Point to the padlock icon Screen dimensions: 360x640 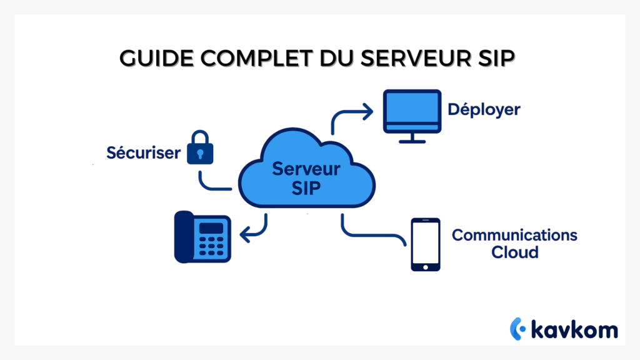pos(200,148)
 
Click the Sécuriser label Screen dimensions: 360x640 pos(143,152)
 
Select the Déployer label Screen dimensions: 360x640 pos(484,110)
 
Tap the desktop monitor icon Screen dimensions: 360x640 pos(412,112)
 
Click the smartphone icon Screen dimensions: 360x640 pos(425,244)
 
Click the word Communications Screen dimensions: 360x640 pos(514,236)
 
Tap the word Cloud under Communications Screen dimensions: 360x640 pos(514,252)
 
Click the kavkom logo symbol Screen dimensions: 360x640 pos(517,328)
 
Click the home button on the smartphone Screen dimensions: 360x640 pos(425,267)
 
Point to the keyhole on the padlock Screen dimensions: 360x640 pos(200,153)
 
